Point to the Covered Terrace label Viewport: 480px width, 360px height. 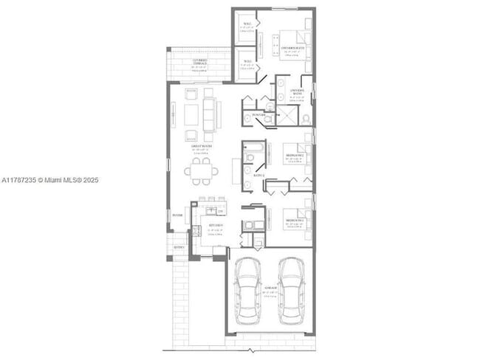(200, 61)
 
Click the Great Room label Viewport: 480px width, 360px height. (198, 147)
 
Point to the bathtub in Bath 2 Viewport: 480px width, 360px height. (249, 156)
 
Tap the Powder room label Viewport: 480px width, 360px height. (258, 114)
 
